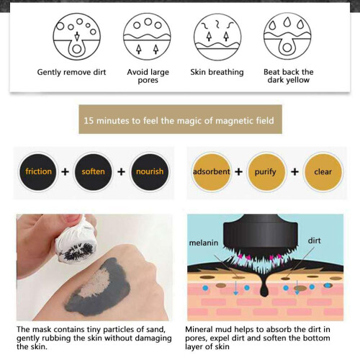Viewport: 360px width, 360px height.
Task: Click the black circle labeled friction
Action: pyautogui.click(x=38, y=172)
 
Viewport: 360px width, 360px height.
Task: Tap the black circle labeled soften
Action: pyautogui.click(x=93, y=172)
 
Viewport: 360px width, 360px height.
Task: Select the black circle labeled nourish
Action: pyautogui.click(x=150, y=172)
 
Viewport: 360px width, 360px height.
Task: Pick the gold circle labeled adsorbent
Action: pyautogui.click(x=212, y=172)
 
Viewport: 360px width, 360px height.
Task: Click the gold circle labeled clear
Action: pyautogui.click(x=323, y=172)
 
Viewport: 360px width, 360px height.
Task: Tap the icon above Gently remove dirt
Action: pyautogui.click(x=77, y=37)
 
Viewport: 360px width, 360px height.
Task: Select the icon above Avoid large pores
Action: pyautogui.click(x=147, y=37)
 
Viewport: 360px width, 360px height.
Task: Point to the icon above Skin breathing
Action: pyautogui.click(x=217, y=37)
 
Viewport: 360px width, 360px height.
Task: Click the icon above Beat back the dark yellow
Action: pyautogui.click(x=287, y=37)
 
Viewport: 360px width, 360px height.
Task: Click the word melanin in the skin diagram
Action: pyautogui.click(x=204, y=243)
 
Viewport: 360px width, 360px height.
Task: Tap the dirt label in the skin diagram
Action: pyautogui.click(x=314, y=240)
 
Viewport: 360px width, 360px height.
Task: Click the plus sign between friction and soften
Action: pyautogui.click(x=65, y=172)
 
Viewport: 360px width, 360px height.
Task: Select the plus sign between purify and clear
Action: pyautogui.click(x=294, y=172)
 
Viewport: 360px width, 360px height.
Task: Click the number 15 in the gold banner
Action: pyautogui.click(x=89, y=120)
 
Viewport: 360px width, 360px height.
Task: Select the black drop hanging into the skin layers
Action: pyautogui.click(x=264, y=286)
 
